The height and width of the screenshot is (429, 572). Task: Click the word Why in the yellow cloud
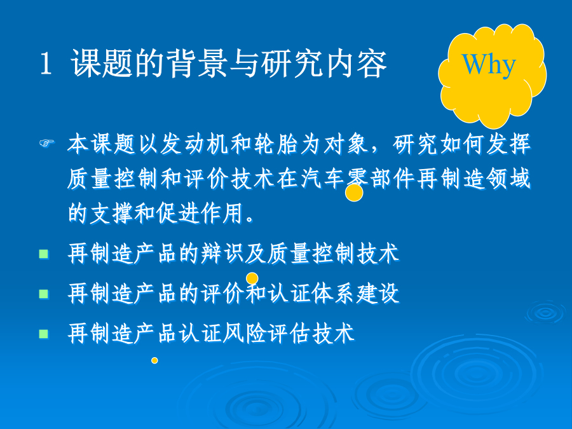[489, 65]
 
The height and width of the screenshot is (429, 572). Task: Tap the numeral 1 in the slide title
[46, 64]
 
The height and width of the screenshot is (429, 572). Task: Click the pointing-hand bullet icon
[46, 142]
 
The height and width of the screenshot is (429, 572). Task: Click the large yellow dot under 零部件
[354, 193]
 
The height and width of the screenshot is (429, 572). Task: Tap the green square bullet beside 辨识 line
[44, 254]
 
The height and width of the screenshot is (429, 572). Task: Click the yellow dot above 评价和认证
[252, 279]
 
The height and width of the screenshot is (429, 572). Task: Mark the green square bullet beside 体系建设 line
[44, 294]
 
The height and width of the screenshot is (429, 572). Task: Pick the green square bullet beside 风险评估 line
[44, 334]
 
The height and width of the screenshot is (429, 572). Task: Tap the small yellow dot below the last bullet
[154, 360]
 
